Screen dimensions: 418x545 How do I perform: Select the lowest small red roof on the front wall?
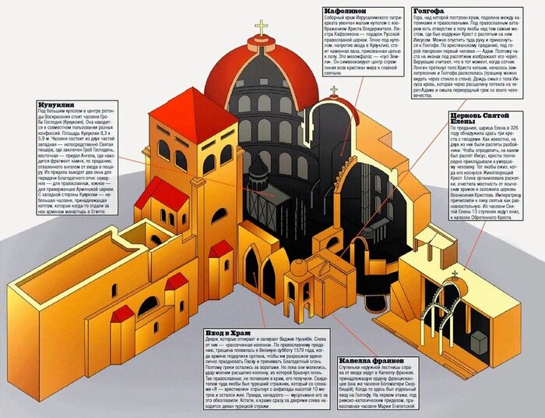coord(122,313)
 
